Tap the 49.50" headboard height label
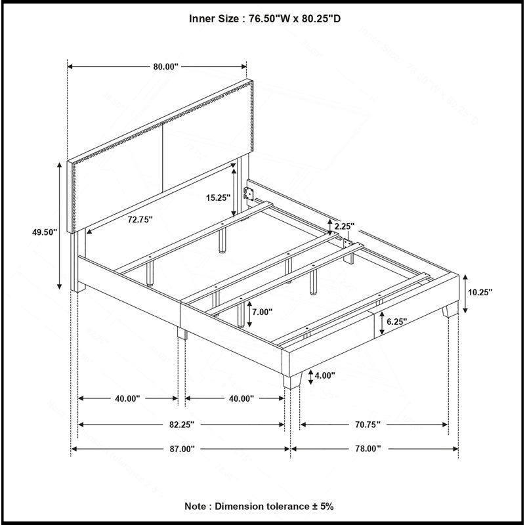[x=45, y=232]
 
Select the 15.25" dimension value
[x=219, y=198]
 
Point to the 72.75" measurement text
[x=140, y=220]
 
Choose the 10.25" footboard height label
[x=480, y=292]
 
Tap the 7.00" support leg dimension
[x=262, y=312]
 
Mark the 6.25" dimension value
[x=396, y=322]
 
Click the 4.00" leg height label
[x=324, y=375]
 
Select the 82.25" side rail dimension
[x=182, y=425]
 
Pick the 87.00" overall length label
[x=182, y=449]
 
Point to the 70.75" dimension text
[x=367, y=425]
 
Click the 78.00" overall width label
[x=367, y=449]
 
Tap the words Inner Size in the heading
[x=214, y=19]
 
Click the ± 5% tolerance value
[x=323, y=506]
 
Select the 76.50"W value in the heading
[x=268, y=19]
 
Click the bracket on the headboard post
[x=249, y=194]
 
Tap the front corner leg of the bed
[x=292, y=381]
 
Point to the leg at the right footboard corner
[x=450, y=309]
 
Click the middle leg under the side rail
[x=182, y=333]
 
